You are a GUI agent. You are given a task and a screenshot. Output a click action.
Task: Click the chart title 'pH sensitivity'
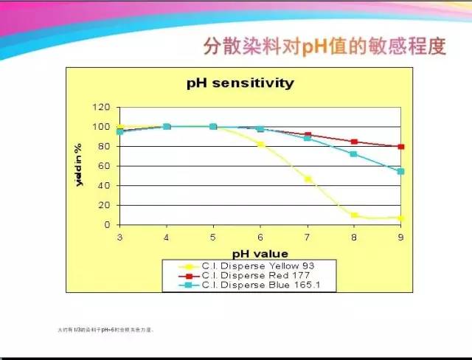tap(240, 83)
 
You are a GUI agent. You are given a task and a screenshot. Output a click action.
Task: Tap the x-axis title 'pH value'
tap(260, 253)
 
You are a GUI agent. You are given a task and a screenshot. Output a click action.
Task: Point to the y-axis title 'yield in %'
tap(79, 165)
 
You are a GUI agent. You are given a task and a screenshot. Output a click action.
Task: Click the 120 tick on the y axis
tap(103, 107)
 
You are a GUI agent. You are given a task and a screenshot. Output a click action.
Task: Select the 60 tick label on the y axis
tap(105, 166)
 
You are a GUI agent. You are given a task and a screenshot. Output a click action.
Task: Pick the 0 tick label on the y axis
tap(108, 225)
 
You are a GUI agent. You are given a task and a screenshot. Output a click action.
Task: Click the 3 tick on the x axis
tap(119, 237)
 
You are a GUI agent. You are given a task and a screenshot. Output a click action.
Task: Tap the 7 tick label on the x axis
tap(308, 237)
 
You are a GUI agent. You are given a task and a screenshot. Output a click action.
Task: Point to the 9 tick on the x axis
tap(401, 237)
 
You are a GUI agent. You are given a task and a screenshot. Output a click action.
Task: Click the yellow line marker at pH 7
tap(308, 179)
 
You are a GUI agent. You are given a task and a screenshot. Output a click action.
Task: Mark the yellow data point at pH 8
tap(354, 215)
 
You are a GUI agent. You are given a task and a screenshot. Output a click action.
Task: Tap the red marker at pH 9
tap(401, 147)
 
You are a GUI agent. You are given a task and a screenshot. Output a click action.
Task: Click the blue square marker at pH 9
tap(401, 171)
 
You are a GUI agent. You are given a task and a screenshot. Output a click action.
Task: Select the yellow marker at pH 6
tap(260, 145)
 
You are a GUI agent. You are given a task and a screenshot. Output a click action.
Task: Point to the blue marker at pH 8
tap(354, 154)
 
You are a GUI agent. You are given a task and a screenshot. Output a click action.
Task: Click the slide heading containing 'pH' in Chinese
tap(324, 46)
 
